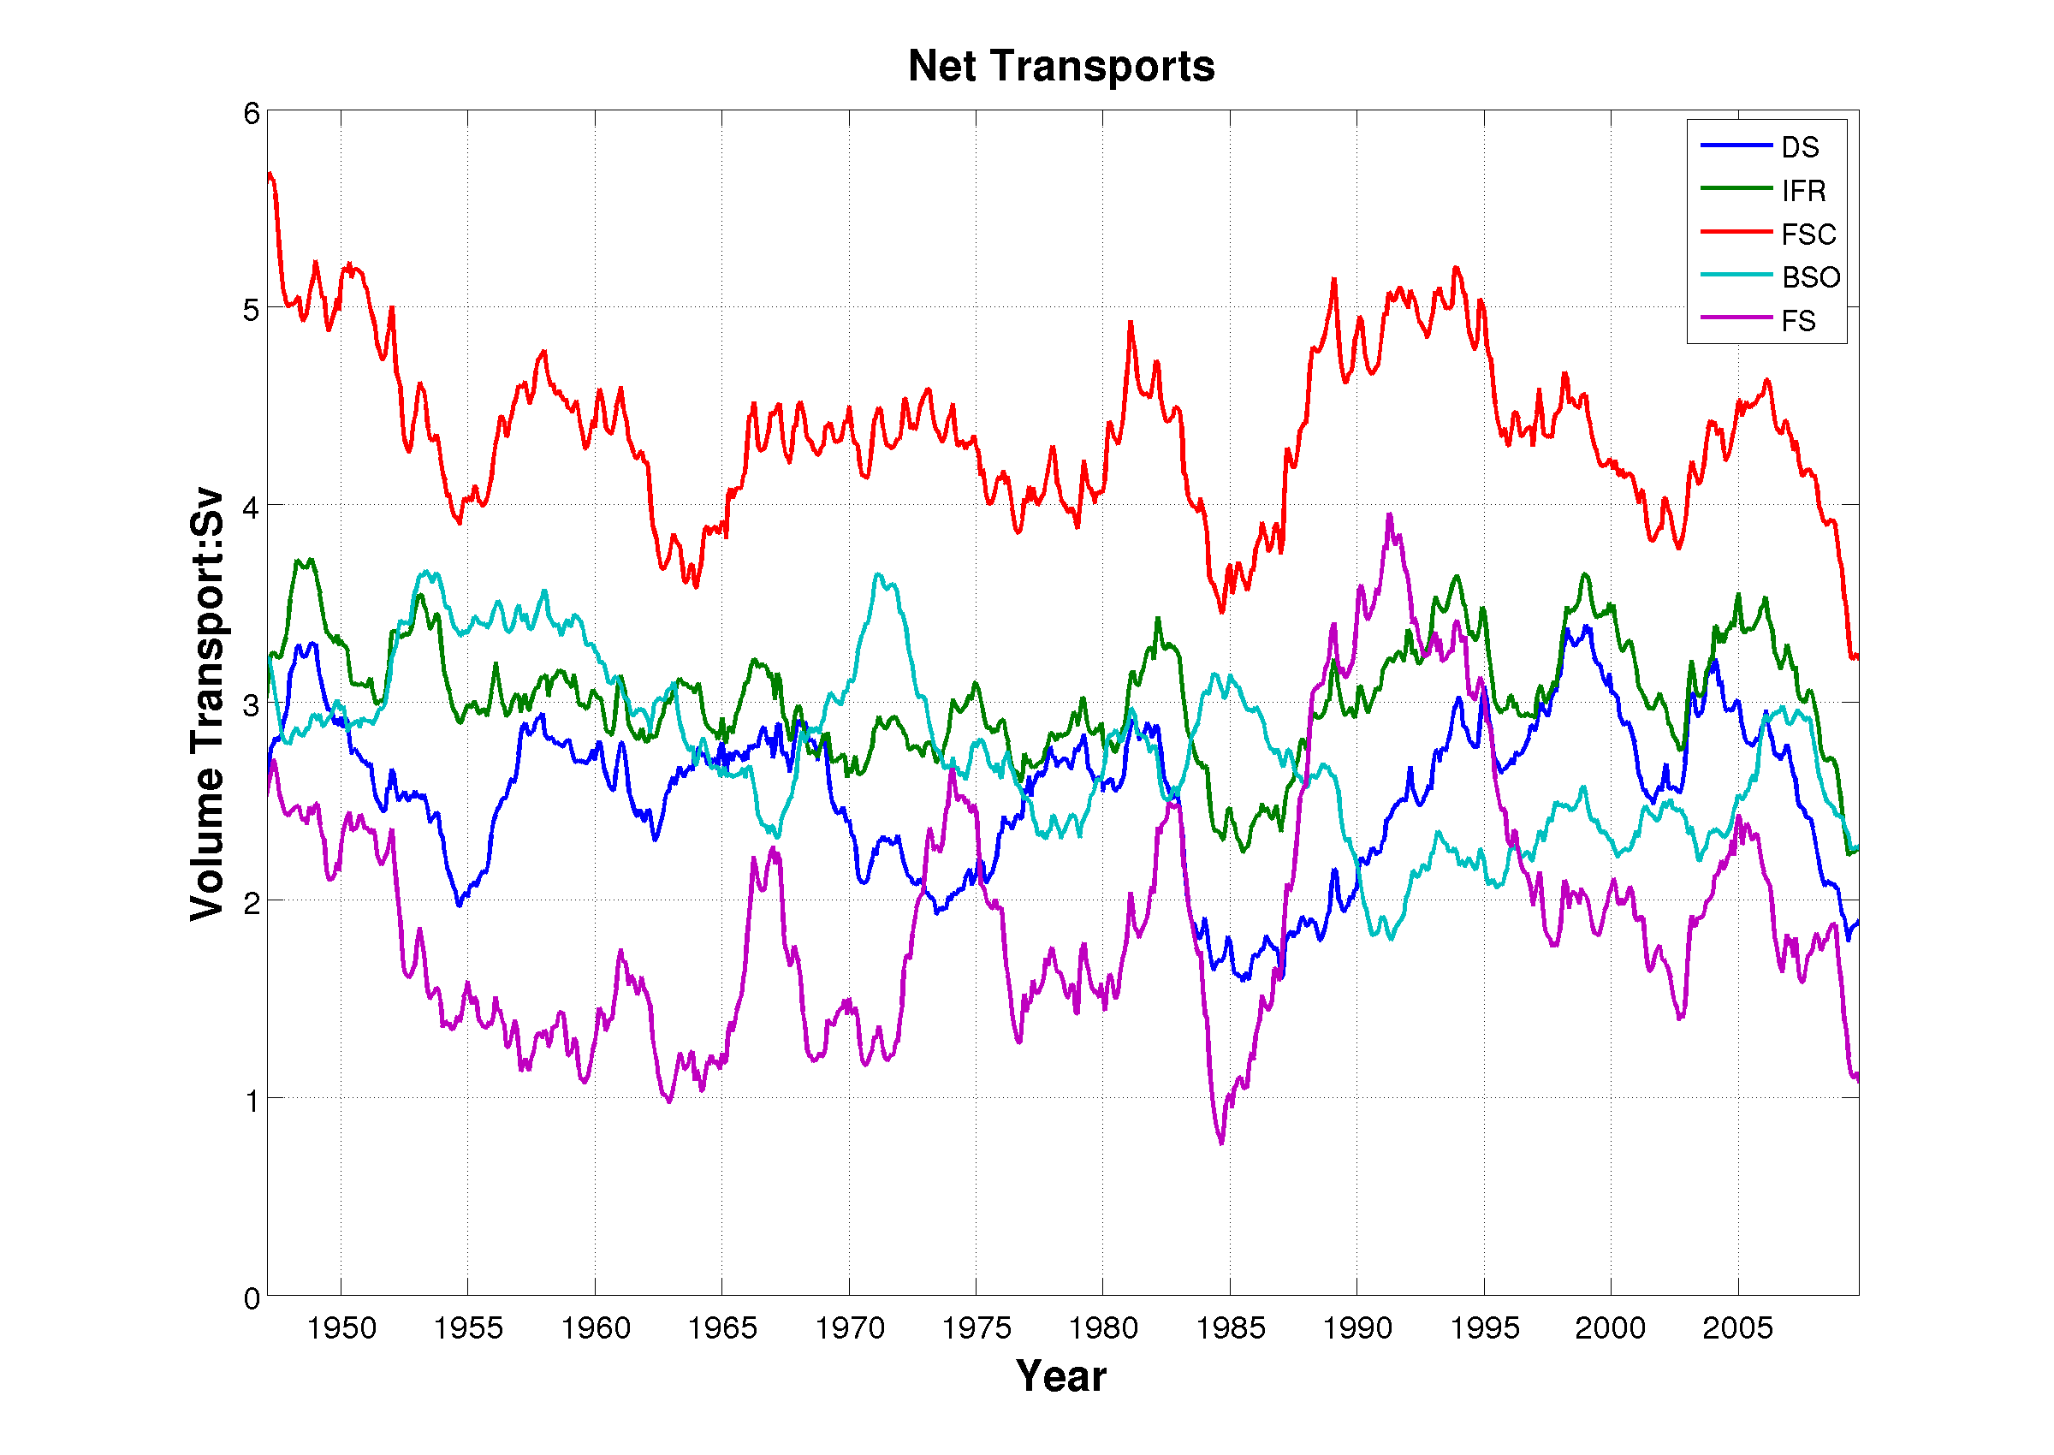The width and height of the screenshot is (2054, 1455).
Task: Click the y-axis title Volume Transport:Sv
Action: [207, 704]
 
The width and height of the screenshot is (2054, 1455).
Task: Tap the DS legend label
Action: [1800, 147]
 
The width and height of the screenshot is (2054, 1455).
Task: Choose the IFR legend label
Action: [1802, 191]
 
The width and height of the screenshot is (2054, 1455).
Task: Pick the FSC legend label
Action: [1808, 235]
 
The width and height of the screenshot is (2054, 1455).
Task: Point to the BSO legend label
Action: [1810, 278]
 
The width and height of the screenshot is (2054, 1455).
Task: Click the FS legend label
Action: [1798, 321]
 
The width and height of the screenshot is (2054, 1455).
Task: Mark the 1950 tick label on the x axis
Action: [341, 1327]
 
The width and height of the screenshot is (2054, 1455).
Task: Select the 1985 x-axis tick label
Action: [1230, 1327]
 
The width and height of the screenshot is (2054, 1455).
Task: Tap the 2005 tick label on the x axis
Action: [1738, 1327]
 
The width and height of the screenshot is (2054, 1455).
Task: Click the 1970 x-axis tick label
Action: [849, 1327]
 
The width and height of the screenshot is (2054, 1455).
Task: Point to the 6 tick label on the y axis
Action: [251, 114]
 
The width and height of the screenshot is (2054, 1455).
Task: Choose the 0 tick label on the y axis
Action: [251, 1298]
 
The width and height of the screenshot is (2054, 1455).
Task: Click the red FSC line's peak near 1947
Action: [270, 174]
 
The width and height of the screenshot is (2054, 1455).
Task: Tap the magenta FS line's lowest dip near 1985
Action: [1221, 1143]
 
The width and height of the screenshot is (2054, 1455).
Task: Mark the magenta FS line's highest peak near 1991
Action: [1389, 515]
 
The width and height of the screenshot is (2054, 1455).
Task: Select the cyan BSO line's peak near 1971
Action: [878, 575]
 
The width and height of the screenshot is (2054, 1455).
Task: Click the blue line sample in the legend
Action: [1736, 145]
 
